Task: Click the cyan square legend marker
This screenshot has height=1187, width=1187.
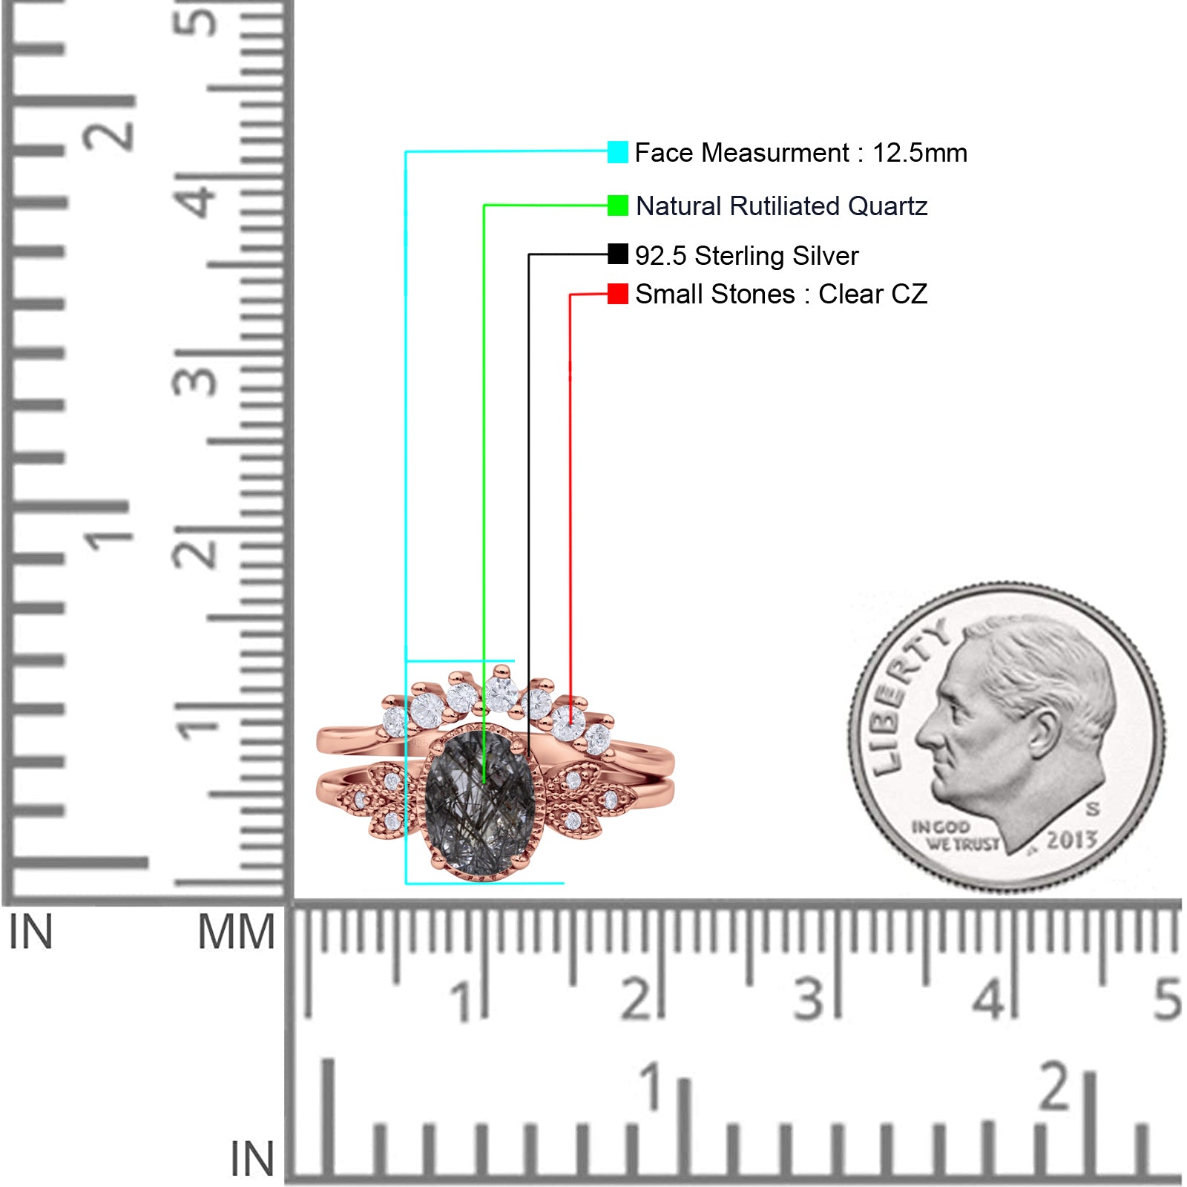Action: point(617,152)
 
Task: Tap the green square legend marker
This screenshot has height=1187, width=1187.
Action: point(617,205)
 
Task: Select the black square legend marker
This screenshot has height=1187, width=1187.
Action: point(617,254)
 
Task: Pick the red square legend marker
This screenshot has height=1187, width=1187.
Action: point(617,294)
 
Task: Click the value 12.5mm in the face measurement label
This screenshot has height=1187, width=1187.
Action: point(919,153)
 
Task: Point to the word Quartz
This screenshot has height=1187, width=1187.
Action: point(887,206)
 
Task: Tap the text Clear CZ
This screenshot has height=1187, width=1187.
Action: point(872,295)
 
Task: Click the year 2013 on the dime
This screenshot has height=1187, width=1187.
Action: point(1071,840)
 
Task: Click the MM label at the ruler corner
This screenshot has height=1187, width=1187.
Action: point(236,932)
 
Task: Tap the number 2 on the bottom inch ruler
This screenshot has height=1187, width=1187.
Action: point(1054,1086)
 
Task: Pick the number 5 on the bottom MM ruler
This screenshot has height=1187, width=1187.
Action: point(1167,999)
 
